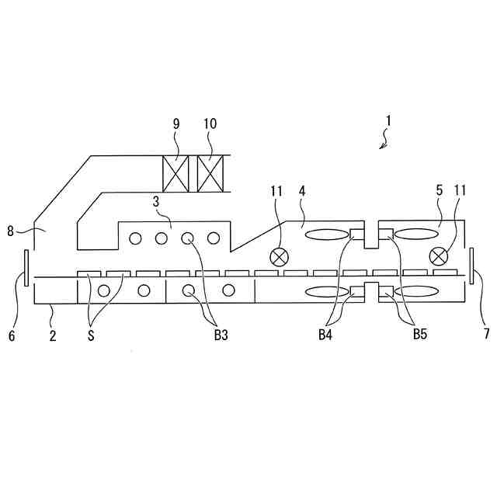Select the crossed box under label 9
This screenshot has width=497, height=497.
click(x=176, y=175)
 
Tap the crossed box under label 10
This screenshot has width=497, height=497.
click(x=210, y=175)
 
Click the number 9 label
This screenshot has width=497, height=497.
click(x=176, y=123)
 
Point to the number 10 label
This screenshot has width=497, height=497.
click(x=210, y=123)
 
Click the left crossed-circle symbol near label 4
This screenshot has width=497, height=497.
click(x=278, y=256)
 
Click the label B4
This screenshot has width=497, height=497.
click(x=326, y=335)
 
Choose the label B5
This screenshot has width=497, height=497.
click(x=419, y=335)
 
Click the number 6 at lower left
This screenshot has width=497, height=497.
click(x=11, y=335)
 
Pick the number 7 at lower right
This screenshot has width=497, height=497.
click(x=486, y=335)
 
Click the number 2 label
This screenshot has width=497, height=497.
click(x=52, y=335)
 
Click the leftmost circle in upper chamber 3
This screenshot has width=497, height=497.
click(x=135, y=238)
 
